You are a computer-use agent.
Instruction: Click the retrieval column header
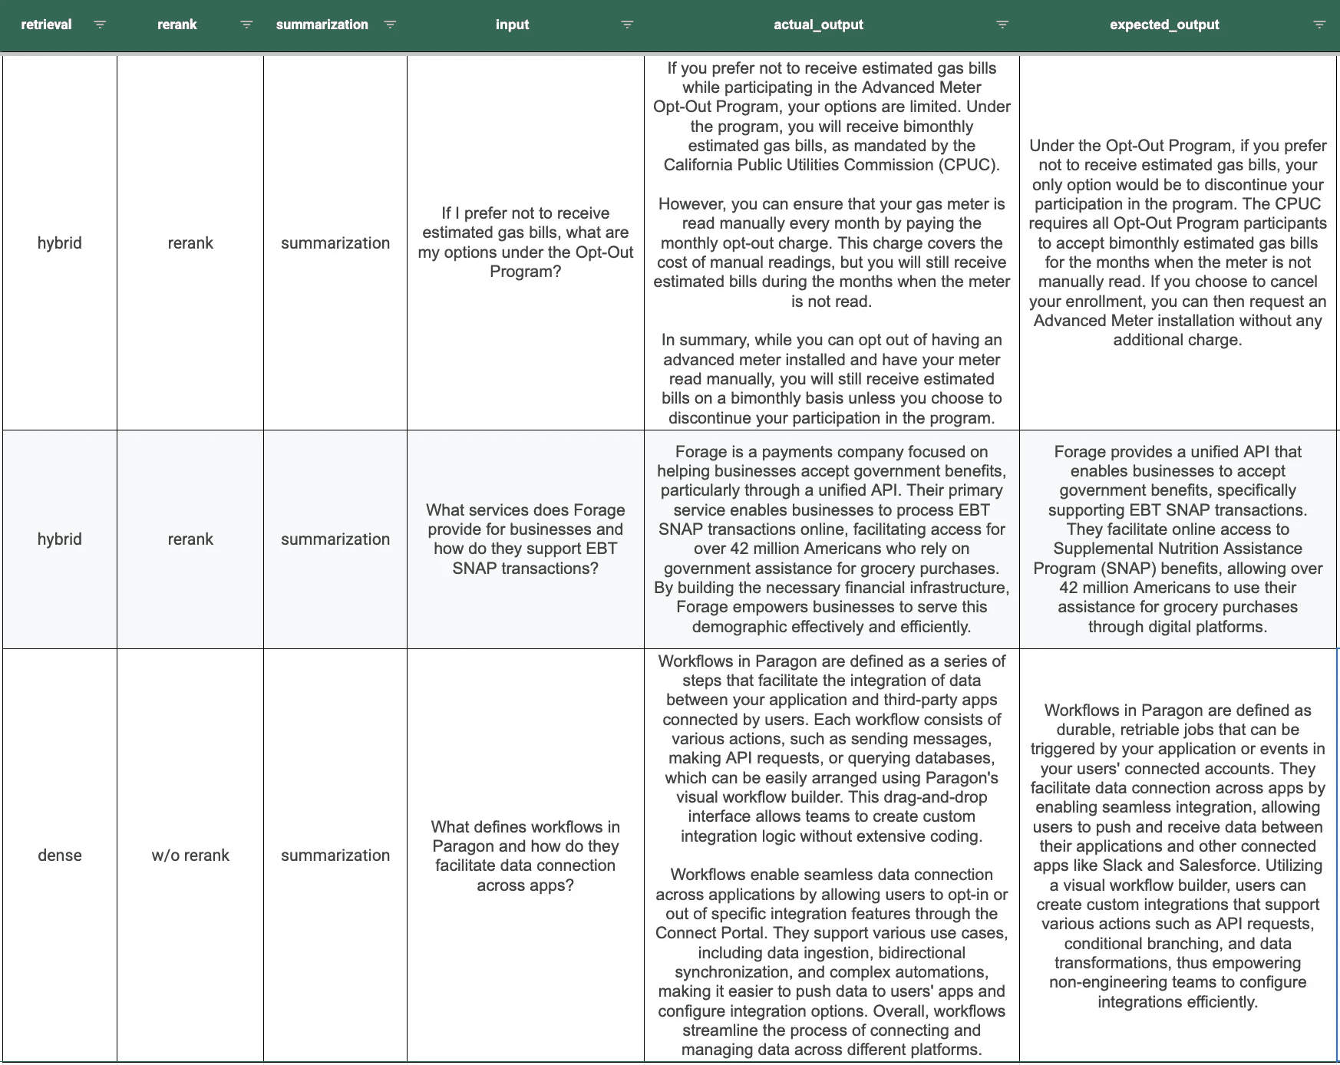46,25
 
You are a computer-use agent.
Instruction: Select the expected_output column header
1163,25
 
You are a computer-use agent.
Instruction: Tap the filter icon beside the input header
627,25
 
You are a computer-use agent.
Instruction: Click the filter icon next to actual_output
1002,25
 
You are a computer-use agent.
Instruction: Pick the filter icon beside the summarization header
390,25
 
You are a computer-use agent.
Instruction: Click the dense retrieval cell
60,855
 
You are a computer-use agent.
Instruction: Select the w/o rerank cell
190,855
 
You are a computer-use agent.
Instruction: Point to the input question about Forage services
525,539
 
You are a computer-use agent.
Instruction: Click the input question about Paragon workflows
525,856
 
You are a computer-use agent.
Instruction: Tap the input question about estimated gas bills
525,242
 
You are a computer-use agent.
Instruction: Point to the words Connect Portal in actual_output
709,933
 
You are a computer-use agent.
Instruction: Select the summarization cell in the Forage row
335,539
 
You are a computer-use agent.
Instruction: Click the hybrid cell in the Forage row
60,539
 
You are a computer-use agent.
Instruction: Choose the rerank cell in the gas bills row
190,242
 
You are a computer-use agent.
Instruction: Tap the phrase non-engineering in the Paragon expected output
1097,982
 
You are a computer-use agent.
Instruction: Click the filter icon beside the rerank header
246,25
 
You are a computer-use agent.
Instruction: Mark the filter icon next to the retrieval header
100,25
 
